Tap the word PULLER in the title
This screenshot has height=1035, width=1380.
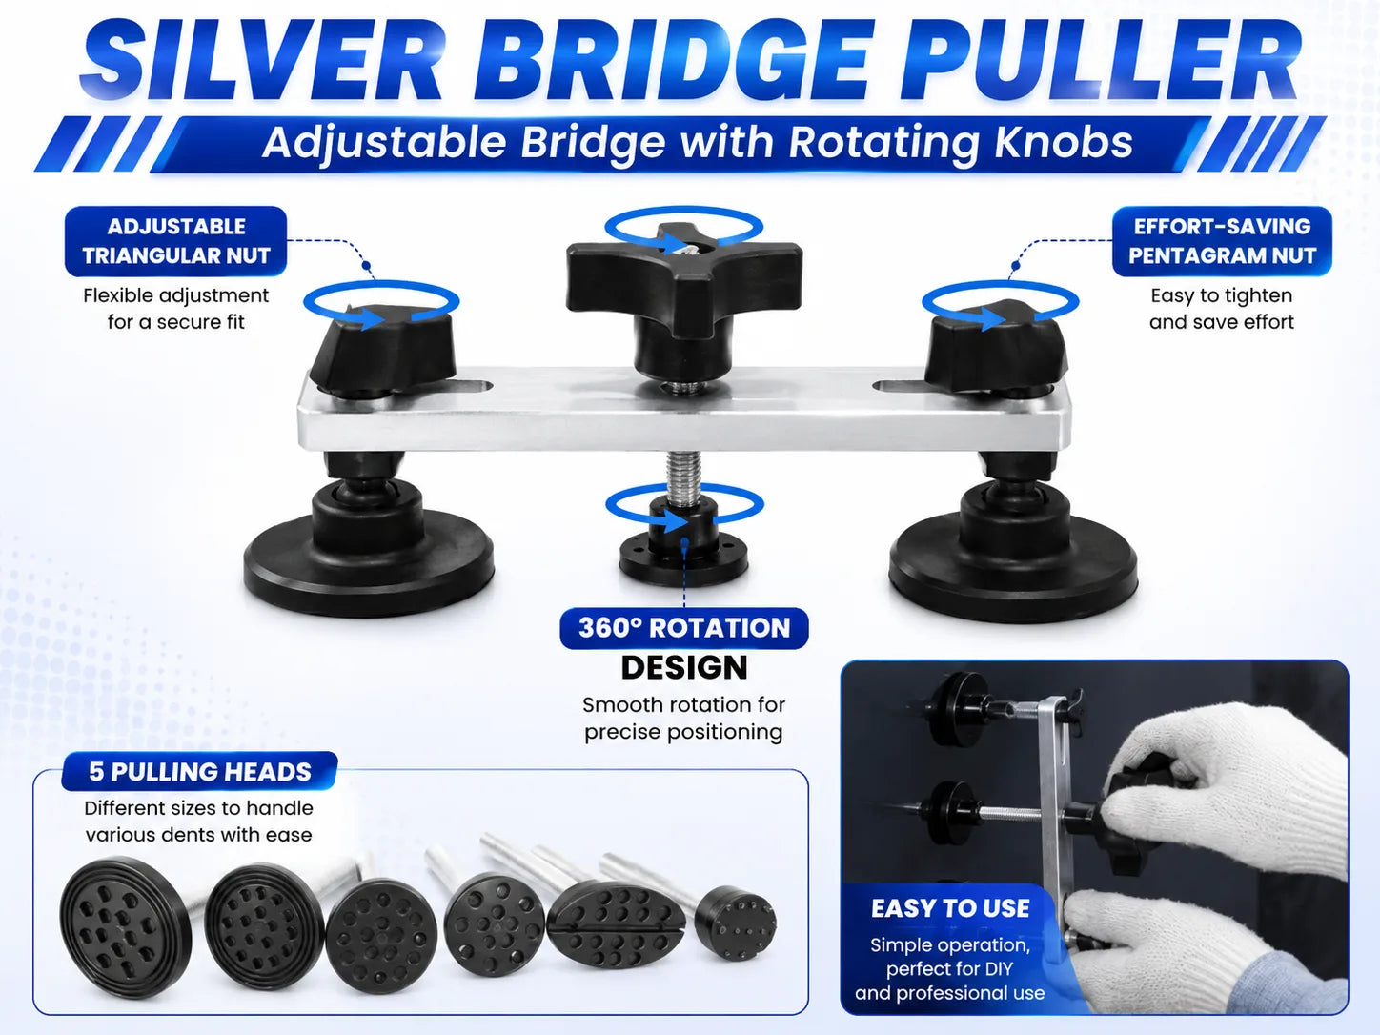1100,61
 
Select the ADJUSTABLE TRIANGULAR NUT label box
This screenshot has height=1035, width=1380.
176,241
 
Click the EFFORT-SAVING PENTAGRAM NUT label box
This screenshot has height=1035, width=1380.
1222,241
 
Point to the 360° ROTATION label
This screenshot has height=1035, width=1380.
684,628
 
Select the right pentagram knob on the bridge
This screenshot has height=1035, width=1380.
997,349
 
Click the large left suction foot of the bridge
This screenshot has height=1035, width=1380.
369,553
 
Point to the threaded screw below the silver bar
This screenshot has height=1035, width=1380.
684,477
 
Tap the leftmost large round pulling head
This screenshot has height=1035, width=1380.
126,927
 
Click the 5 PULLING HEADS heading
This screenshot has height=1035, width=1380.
200,772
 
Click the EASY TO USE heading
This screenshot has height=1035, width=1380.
950,908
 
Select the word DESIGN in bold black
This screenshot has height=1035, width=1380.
684,667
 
